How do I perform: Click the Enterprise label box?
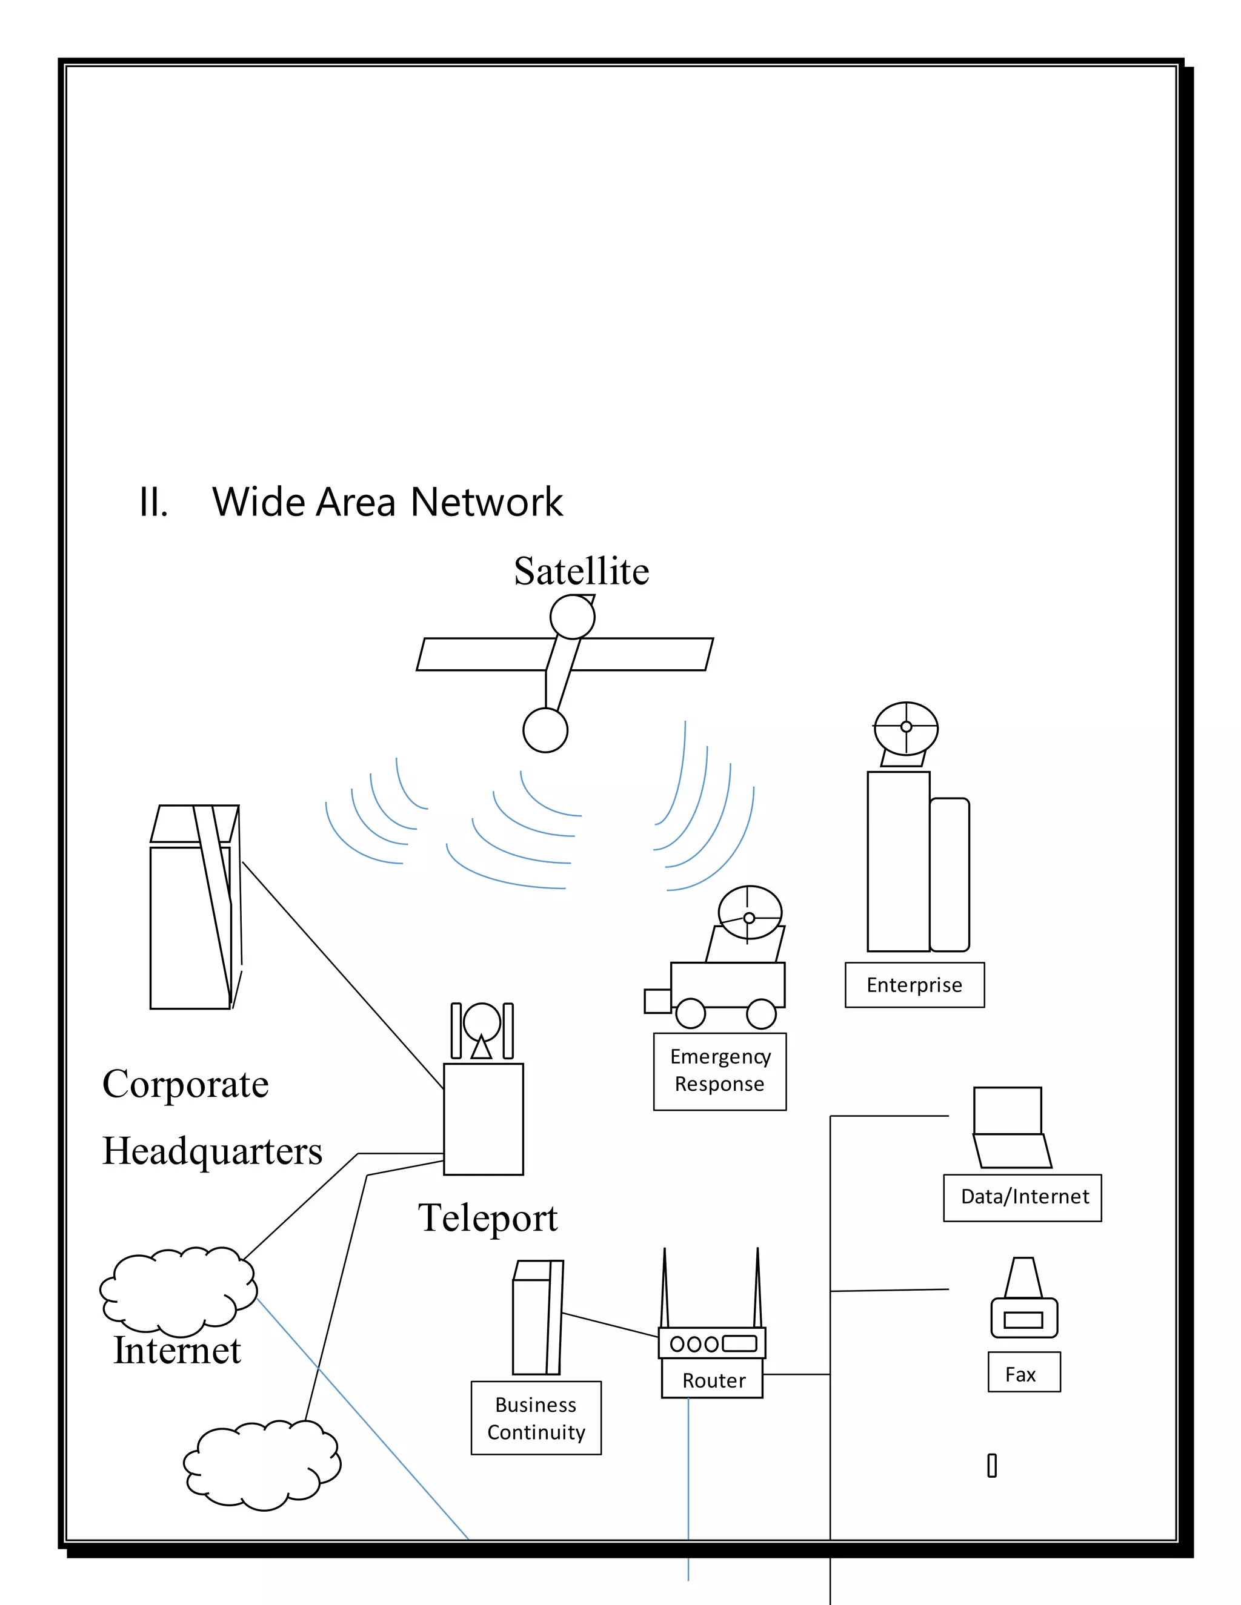[x=914, y=985]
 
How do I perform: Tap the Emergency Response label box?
[x=719, y=1071]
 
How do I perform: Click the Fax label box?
[x=1023, y=1374]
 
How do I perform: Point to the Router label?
[x=713, y=1380]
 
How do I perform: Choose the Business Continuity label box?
[x=536, y=1418]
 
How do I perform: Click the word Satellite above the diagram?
[x=581, y=572]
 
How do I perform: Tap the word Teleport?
[x=487, y=1219]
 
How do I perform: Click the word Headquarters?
[x=211, y=1151]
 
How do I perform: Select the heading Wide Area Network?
[x=387, y=503]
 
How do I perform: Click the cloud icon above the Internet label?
[x=178, y=1291]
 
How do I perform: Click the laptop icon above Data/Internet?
[x=1010, y=1128]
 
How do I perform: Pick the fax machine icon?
[x=1023, y=1301]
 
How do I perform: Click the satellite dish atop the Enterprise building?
[x=906, y=727]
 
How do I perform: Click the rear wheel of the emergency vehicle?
[x=761, y=1014]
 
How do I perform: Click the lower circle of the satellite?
[x=545, y=730]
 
